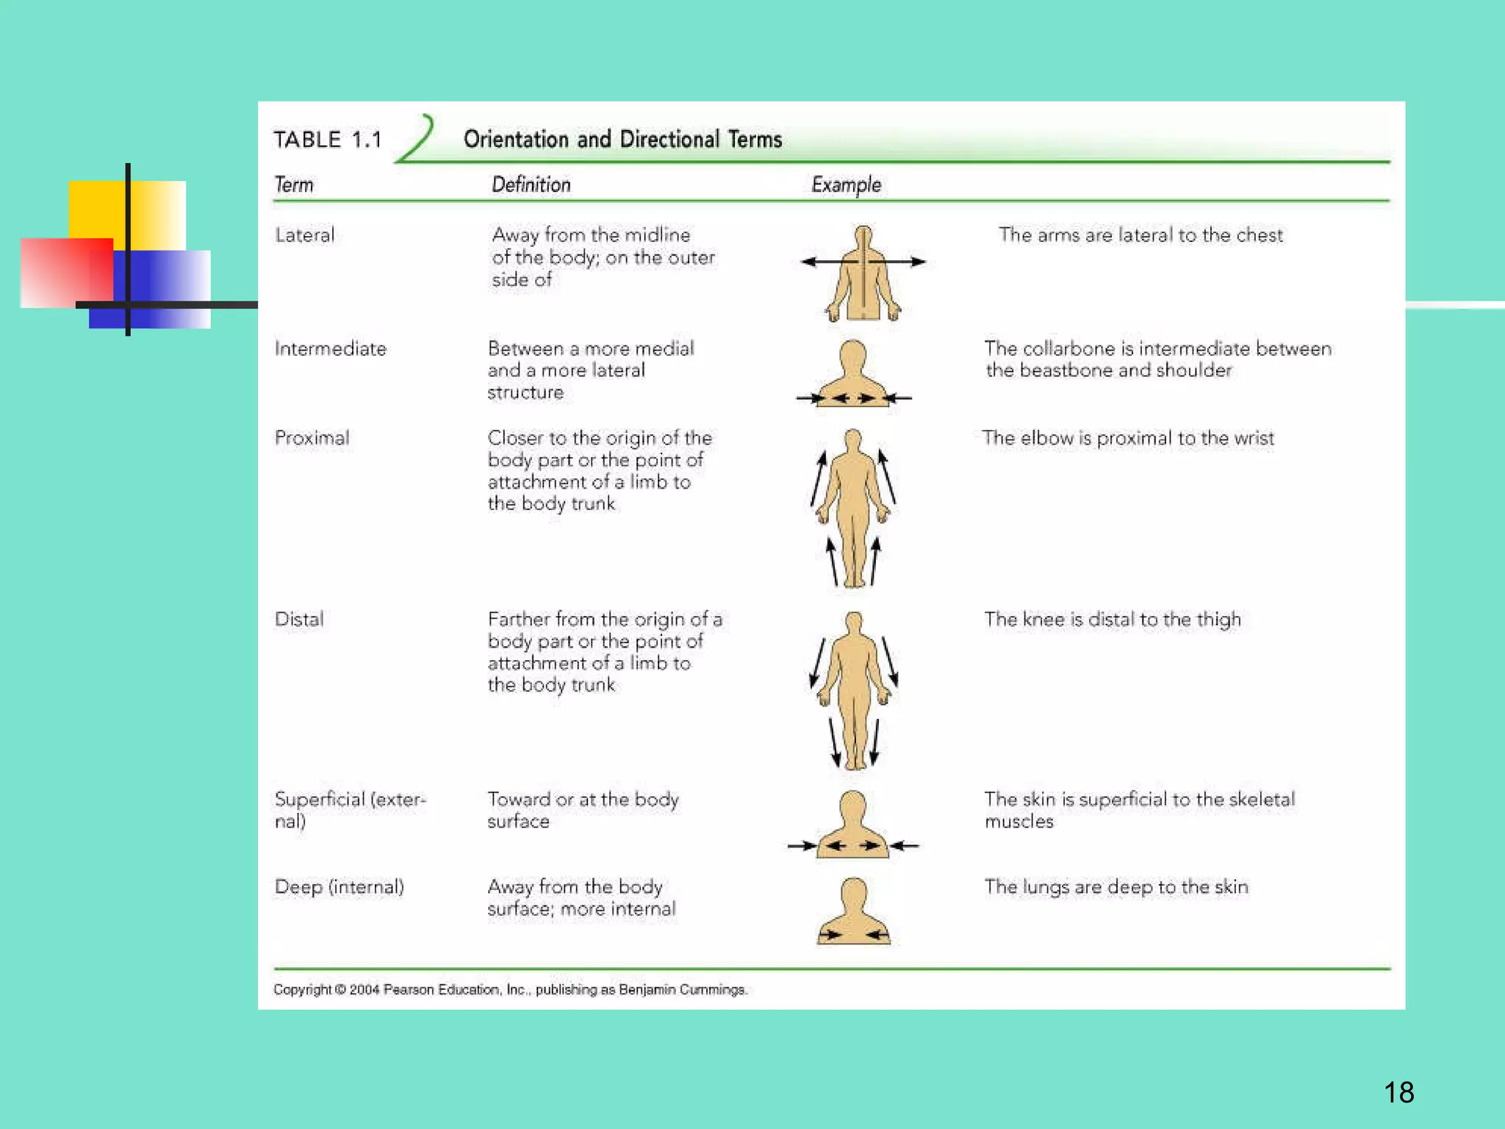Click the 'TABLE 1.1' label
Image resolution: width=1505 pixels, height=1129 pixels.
328,140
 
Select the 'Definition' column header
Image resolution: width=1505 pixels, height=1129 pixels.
531,184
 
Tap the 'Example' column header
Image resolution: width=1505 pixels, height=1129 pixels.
846,184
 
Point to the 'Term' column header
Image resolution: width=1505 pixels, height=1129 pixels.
294,184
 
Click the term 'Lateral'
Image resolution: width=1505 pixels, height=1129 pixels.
305,235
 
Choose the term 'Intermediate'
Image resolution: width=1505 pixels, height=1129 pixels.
331,348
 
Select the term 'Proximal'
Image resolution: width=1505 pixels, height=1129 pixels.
312,438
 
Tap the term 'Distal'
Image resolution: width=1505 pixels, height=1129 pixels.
299,619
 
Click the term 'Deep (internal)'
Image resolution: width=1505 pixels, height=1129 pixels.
340,887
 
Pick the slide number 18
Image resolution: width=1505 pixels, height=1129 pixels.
1398,1092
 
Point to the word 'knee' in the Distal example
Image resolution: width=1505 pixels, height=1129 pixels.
1044,619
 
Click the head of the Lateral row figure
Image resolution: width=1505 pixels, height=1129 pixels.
863,236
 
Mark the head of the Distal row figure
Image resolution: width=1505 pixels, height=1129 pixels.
853,623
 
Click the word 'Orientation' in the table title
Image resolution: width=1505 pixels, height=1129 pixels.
516,140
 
